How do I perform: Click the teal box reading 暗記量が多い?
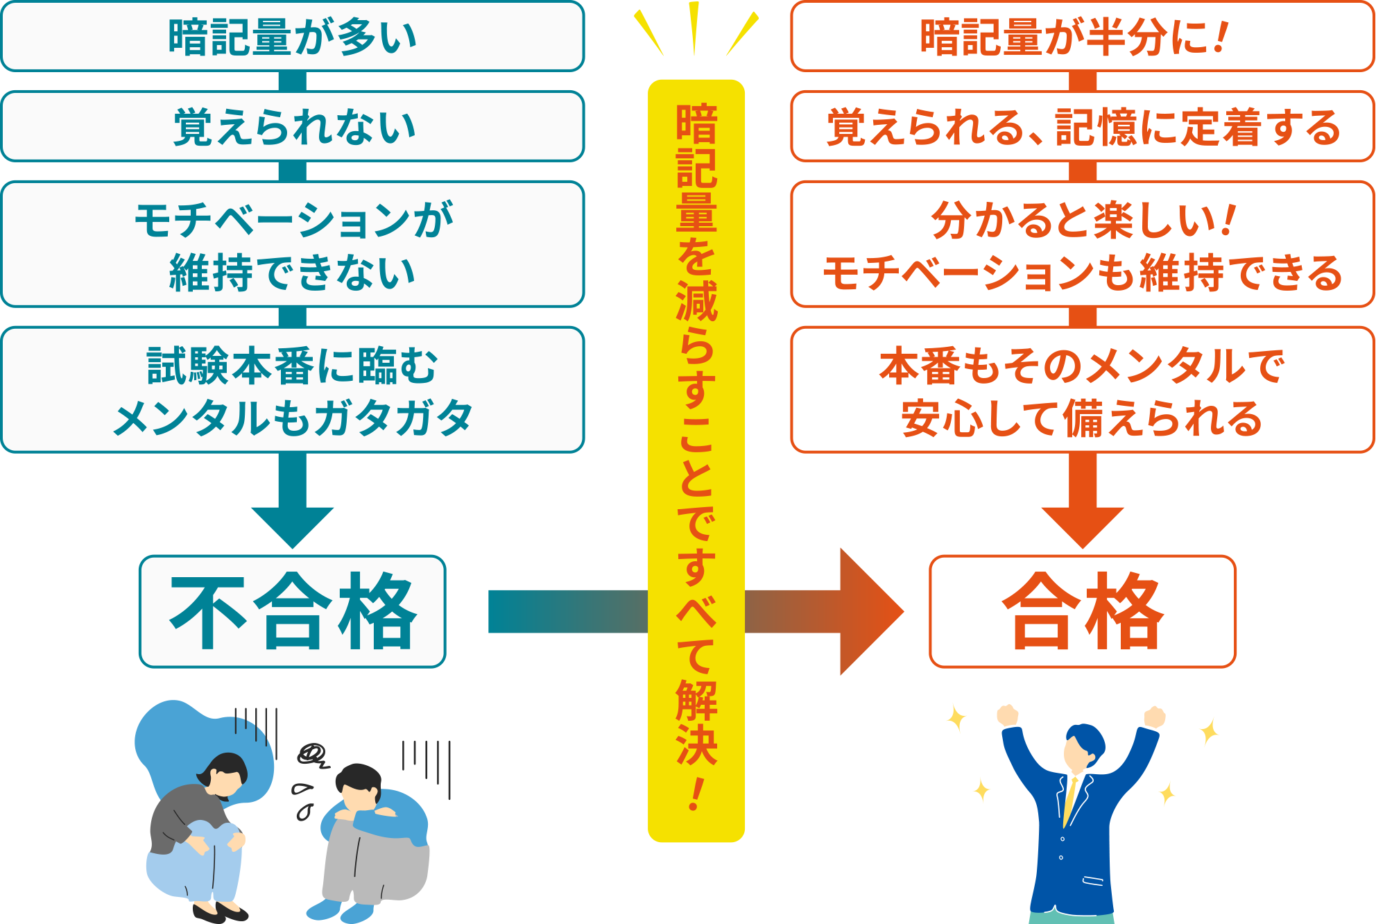pos(293,37)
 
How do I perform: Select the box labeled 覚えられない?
pos(293,127)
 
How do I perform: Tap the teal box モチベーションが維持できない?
pos(293,244)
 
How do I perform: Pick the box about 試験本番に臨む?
pos(293,390)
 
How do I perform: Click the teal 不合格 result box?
pos(293,611)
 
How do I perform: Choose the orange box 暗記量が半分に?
pos(1082,37)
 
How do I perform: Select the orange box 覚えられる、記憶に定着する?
pos(1082,127)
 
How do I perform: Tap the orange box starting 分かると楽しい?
pos(1082,244)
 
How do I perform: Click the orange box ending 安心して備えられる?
pos(1082,390)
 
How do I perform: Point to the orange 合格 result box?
pos(1082,611)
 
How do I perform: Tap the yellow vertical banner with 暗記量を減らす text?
pos(696,458)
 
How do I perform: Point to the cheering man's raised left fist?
pos(1007,715)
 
